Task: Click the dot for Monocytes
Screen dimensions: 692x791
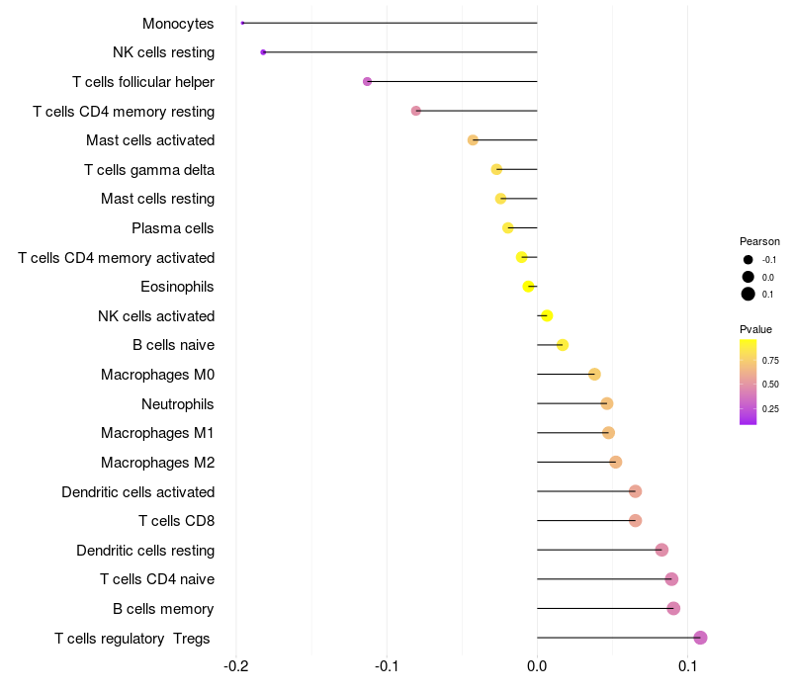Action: coord(242,23)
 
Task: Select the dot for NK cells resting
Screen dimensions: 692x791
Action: coord(263,52)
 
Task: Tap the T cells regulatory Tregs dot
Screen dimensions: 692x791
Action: coord(700,638)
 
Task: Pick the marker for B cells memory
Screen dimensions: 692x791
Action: coord(673,608)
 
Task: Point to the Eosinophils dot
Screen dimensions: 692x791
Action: coord(529,287)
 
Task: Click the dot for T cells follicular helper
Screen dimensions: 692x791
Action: coord(368,81)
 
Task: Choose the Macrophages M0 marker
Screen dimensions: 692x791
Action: coord(594,375)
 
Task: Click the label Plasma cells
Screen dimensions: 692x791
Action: coord(173,228)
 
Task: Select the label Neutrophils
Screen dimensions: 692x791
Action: coord(178,403)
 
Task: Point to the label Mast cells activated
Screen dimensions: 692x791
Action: coord(150,140)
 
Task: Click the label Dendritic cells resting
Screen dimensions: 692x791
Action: coord(145,550)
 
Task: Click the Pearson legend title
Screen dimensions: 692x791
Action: coord(759,241)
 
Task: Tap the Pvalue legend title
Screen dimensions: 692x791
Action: coord(756,329)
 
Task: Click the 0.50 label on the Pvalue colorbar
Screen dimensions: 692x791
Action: coord(770,384)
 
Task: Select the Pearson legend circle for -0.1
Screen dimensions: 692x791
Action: coord(748,260)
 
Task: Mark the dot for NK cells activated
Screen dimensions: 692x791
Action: coord(547,316)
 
